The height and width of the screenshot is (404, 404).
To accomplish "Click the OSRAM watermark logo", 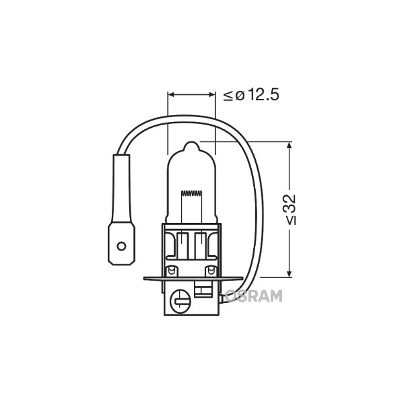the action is [254, 296].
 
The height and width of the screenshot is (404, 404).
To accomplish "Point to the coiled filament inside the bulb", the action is [191, 193].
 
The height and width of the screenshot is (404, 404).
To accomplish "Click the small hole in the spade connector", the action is [121, 246].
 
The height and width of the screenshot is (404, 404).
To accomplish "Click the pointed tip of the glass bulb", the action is [191, 142].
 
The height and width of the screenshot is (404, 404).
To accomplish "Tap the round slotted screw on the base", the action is [180, 301].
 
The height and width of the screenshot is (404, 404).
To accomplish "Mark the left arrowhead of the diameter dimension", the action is [170, 95].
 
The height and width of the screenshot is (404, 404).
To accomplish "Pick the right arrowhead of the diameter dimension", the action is [212, 95].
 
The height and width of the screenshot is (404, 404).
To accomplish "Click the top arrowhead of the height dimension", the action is [289, 145].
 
